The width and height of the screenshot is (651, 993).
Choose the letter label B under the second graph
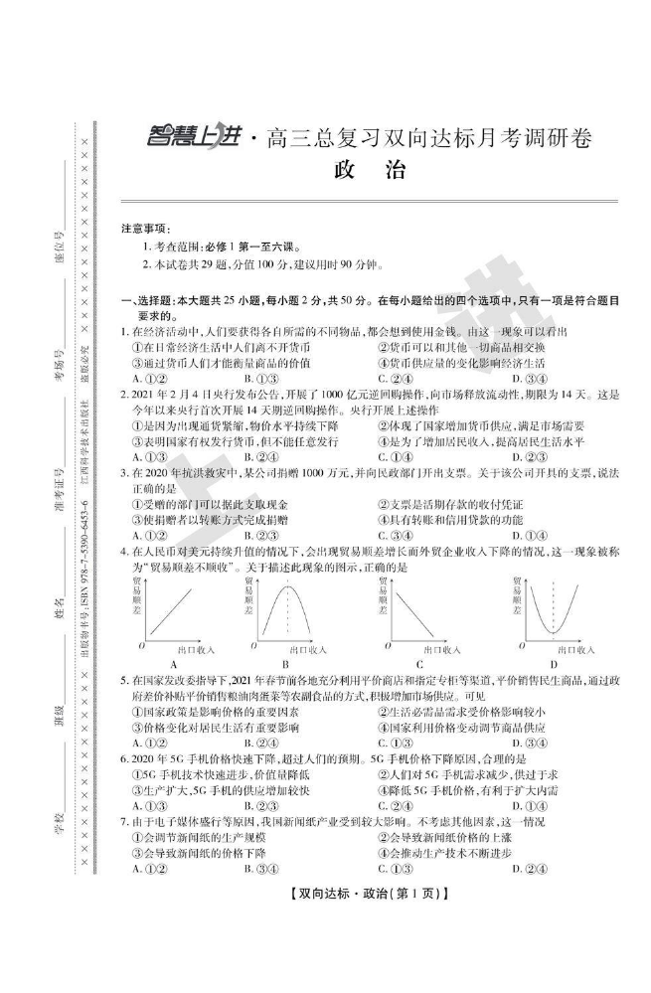click(x=285, y=663)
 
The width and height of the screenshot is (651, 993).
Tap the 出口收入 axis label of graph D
click(x=573, y=649)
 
